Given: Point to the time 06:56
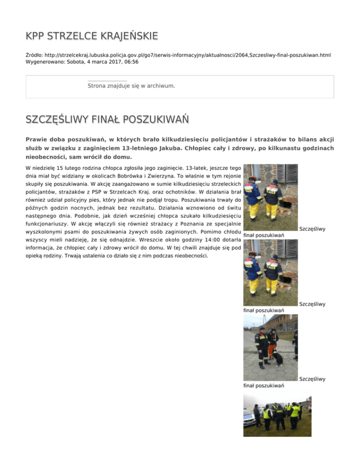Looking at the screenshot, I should click(x=130, y=61).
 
